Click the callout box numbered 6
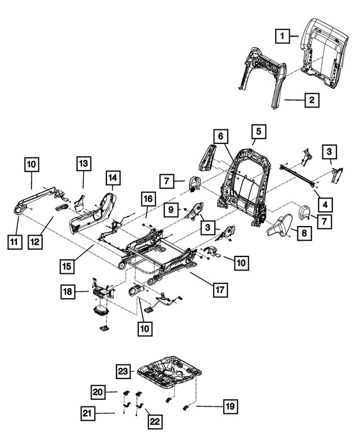point(221,136)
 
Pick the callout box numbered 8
point(304,232)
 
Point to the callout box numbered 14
point(112,178)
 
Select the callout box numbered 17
point(220,290)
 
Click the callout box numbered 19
point(229,406)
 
